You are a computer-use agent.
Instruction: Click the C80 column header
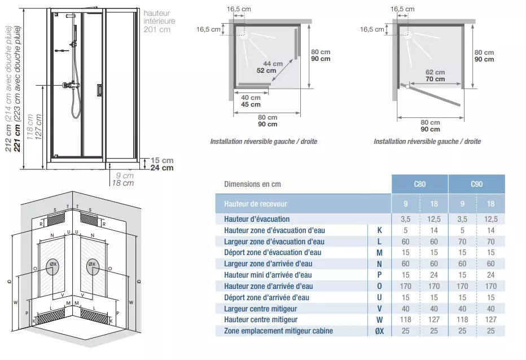420,184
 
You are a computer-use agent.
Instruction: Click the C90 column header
477,184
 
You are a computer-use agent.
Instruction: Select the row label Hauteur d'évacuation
257,219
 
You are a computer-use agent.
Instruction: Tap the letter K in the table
379,230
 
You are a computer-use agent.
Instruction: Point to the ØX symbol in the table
379,331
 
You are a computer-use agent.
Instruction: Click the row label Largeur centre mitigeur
260,309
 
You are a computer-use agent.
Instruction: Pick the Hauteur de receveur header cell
303,204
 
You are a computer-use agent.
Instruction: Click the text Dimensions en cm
252,184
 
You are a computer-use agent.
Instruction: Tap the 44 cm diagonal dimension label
273,63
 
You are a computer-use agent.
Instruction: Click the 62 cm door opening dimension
435,72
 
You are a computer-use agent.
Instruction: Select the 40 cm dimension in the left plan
251,98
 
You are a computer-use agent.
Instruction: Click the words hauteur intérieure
159,17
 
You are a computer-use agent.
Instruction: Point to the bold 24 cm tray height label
162,168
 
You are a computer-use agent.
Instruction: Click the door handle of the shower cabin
100,90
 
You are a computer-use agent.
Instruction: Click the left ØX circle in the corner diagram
52,267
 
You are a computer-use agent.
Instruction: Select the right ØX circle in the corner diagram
92,267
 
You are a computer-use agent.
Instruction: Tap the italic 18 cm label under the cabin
123,183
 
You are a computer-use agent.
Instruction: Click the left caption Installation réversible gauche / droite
264,142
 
